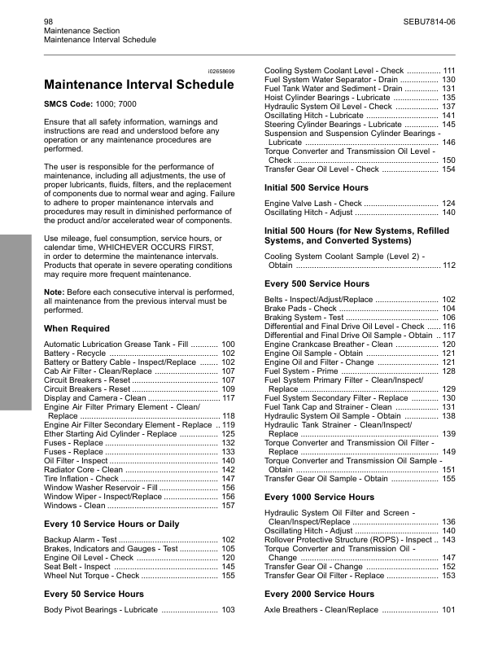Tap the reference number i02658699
pos(221,72)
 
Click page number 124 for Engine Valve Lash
pos(448,203)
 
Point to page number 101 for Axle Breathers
pos(448,610)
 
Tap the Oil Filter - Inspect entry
pos(77,461)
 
